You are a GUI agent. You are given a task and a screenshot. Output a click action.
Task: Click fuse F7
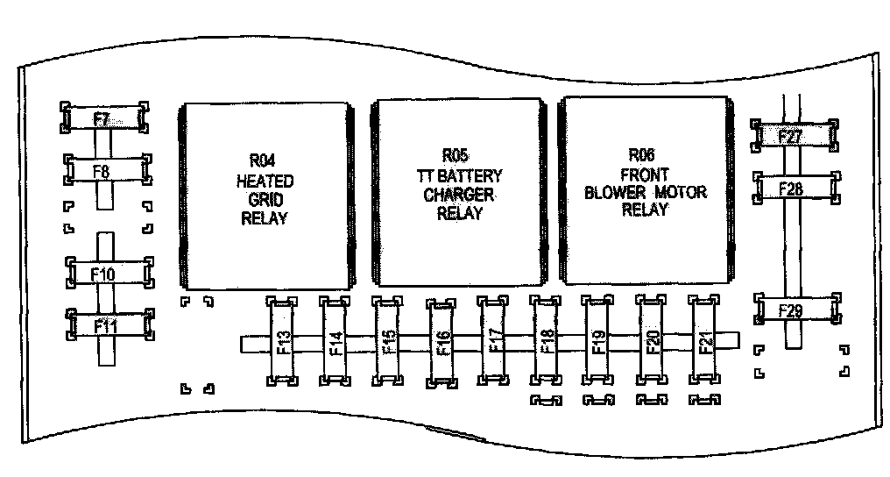pos(103,117)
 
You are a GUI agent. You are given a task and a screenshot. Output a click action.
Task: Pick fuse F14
pos(336,341)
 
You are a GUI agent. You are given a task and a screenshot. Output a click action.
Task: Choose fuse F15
pos(388,341)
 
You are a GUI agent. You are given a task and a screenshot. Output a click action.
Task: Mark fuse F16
pos(441,342)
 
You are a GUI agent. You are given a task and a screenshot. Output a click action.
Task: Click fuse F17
pos(494,341)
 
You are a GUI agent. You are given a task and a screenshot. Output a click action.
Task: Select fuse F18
pos(547,341)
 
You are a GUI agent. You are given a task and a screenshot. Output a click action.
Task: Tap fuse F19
pos(598,341)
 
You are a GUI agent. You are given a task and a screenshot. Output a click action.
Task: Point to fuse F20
pos(652,341)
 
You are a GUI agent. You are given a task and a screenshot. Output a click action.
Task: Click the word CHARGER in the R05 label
pos(459,195)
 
